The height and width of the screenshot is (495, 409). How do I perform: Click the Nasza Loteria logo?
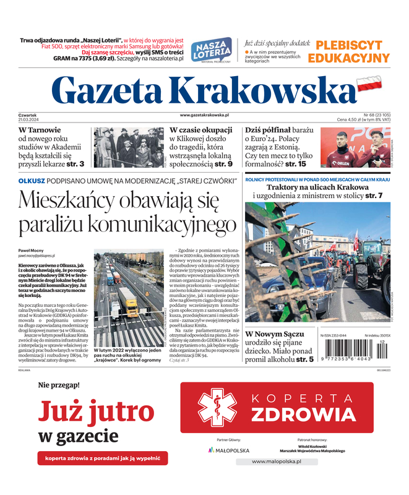point(211,49)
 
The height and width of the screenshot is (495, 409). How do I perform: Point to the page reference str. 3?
point(77,164)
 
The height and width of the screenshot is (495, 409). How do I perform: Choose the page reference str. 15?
point(293,164)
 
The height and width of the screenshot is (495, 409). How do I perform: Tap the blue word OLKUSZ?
point(32,180)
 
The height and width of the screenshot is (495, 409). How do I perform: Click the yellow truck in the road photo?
point(128,301)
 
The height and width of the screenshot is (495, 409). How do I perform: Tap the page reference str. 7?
point(373,196)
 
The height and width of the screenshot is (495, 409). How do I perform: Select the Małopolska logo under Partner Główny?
point(229,450)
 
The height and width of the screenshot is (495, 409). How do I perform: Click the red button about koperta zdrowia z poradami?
point(102,458)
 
